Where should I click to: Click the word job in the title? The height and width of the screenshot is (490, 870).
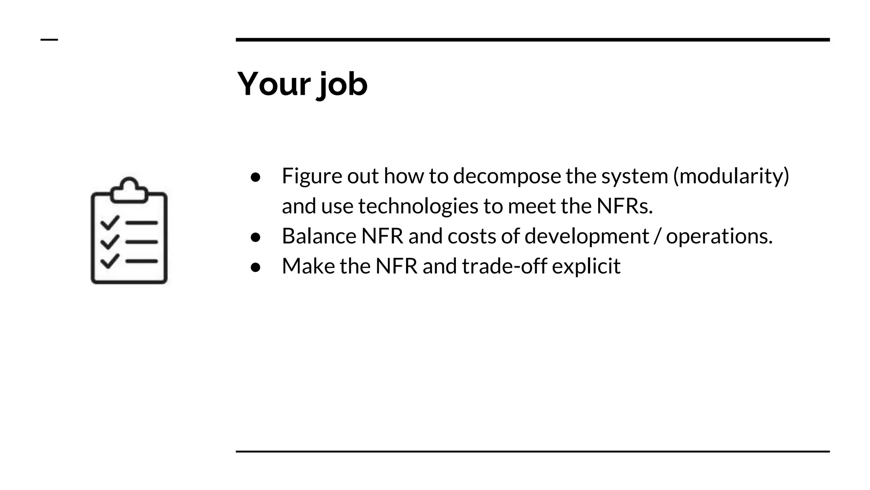(342, 85)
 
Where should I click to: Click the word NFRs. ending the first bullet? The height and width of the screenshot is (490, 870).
(624, 206)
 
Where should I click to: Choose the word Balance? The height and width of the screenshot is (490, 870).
(319, 236)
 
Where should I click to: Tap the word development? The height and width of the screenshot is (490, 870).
(587, 236)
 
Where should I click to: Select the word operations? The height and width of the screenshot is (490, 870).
(719, 236)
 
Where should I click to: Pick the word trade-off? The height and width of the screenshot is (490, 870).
(504, 266)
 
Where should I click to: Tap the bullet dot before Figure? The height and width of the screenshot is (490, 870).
(255, 177)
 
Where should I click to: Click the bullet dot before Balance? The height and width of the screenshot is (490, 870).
(255, 237)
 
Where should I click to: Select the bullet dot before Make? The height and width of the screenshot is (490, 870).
(255, 267)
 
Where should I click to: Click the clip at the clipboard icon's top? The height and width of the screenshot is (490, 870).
(129, 190)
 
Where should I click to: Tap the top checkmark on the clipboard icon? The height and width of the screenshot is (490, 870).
(109, 222)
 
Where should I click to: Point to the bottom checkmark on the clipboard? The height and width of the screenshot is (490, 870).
(109, 261)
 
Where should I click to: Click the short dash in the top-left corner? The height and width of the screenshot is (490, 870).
(49, 40)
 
